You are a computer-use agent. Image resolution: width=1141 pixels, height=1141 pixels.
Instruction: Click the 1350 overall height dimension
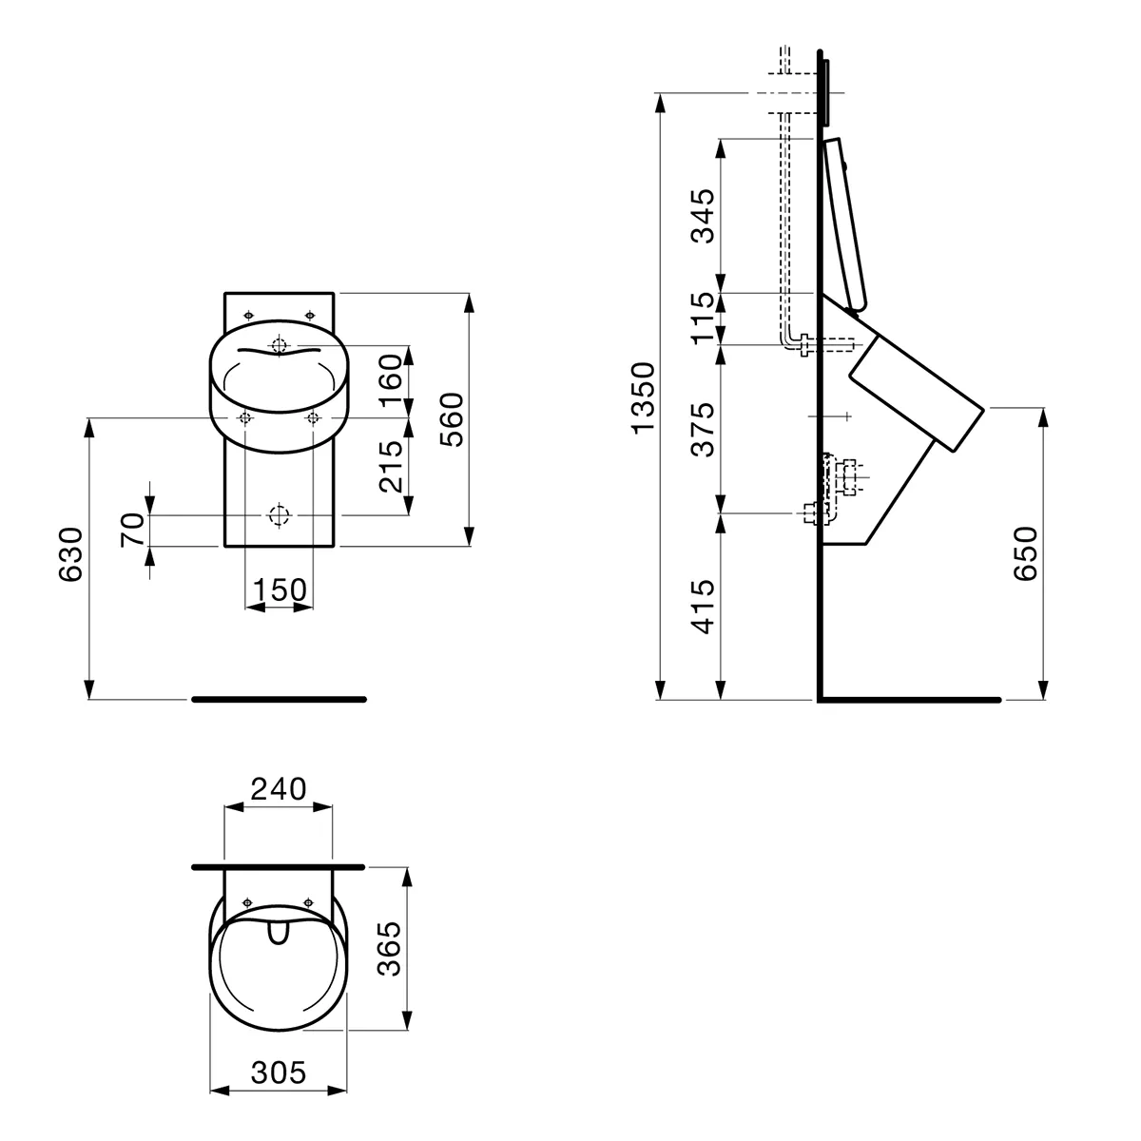[x=644, y=396]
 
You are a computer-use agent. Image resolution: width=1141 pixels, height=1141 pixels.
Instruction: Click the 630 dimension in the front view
[x=71, y=555]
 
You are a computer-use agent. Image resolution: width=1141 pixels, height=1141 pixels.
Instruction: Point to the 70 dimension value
[x=132, y=528]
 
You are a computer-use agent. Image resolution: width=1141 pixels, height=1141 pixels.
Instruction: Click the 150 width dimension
[x=279, y=590]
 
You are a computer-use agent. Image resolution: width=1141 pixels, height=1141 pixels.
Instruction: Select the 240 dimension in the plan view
[x=279, y=789]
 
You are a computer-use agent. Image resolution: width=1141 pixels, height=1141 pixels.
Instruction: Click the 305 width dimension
[x=279, y=1073]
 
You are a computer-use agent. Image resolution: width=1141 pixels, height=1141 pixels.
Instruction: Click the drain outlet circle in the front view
[x=279, y=514]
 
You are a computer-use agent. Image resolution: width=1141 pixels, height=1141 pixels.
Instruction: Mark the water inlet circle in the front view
[x=279, y=345]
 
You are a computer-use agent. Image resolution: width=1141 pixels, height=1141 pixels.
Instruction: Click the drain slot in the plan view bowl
[x=279, y=936]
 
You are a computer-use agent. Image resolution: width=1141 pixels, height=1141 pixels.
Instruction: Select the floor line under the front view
[x=279, y=699]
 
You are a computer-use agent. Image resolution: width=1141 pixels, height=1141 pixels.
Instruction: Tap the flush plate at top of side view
[x=825, y=93]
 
